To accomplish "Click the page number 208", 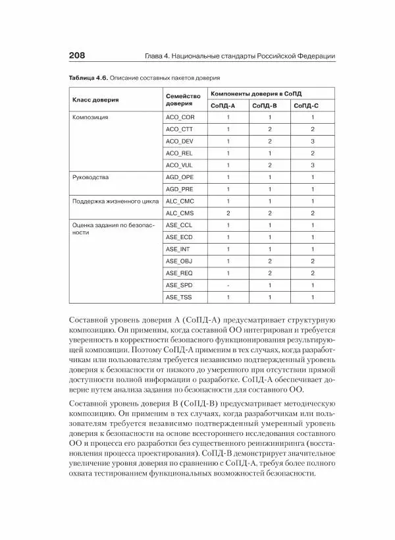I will coord(70,56).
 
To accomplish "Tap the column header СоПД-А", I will coord(224,105).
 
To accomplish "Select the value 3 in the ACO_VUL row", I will coord(312,165).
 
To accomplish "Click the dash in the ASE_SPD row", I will coord(228,286).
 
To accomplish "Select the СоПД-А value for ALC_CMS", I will coord(228,213).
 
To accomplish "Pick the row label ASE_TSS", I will coord(178,298).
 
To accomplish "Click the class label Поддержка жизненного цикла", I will coord(115,202).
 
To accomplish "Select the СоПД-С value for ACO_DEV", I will coord(312,141).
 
